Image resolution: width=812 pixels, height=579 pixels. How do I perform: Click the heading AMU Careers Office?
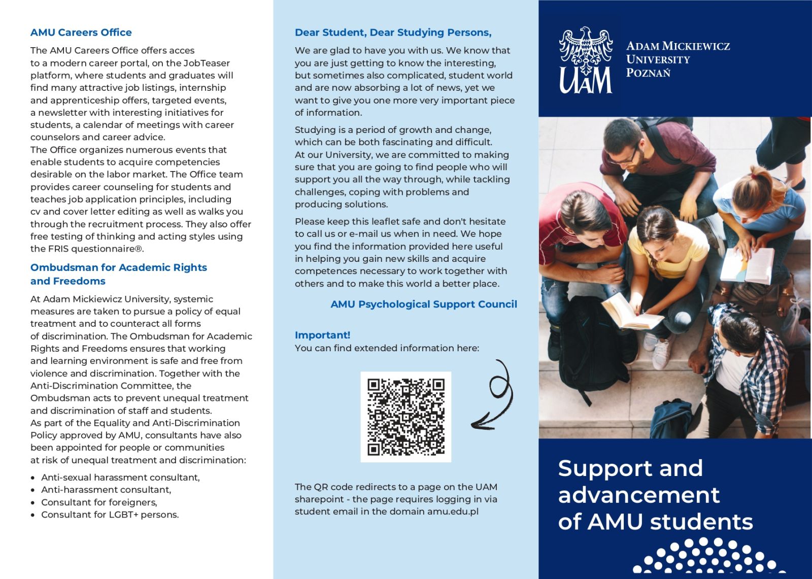coord(81,32)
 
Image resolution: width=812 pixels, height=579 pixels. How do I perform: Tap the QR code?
coord(405,417)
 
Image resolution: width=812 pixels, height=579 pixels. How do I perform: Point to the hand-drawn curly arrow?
coord(494,396)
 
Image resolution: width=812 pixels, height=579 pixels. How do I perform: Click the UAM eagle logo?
coord(586,60)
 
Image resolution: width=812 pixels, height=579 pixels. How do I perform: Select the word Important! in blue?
coord(322,335)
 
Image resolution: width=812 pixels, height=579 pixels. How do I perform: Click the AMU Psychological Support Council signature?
coord(424,304)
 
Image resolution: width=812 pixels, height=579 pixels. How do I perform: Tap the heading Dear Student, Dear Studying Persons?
coord(393,32)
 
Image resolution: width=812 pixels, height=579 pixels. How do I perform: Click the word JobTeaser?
coord(207,63)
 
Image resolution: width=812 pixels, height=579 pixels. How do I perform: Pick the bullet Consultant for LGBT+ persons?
coord(110,515)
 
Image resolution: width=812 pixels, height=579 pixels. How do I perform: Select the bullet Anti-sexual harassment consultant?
coord(120,478)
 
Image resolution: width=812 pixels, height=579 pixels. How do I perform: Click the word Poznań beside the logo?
coord(648,73)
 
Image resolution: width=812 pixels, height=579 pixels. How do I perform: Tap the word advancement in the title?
coord(638,495)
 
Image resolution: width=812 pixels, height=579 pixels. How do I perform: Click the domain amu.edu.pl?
coord(453,512)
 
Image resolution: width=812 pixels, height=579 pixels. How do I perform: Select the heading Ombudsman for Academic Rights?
coord(118,267)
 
